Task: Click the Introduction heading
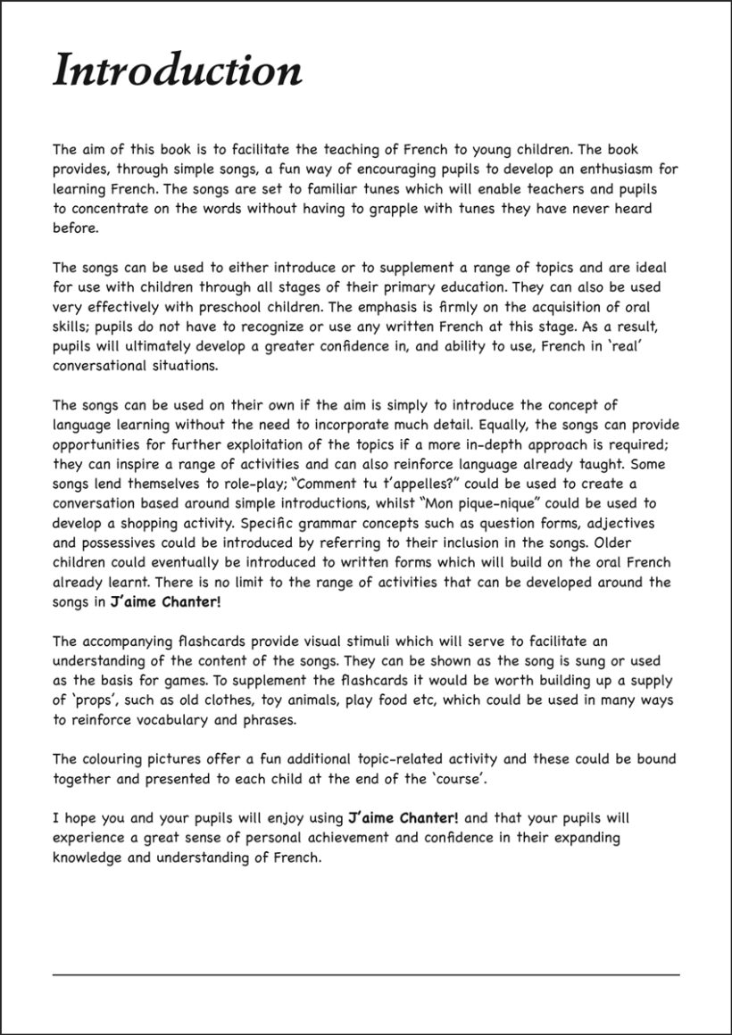coord(178,70)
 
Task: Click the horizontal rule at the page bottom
coord(366,973)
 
